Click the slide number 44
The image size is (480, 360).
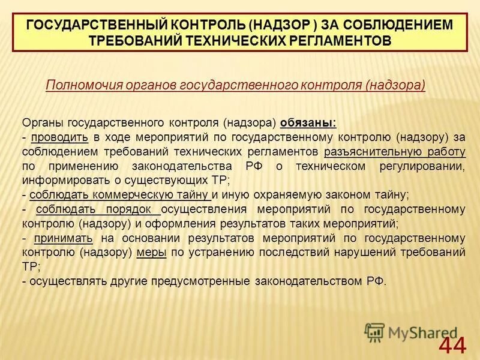(451, 345)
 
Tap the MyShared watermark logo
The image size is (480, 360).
(412, 331)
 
